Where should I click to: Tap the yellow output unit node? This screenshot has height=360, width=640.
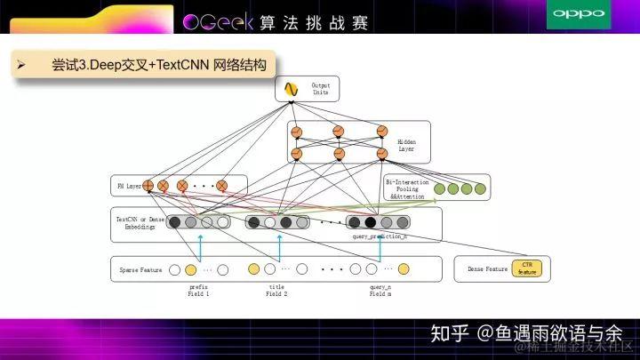[x=291, y=89]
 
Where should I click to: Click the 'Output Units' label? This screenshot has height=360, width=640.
[x=320, y=89]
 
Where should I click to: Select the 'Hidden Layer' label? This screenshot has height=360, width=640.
[x=405, y=145]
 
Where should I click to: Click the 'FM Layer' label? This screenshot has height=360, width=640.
[x=129, y=187]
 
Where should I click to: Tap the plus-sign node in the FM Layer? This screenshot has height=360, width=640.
[x=148, y=187]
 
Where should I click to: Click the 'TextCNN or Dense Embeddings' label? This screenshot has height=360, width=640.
[x=136, y=223]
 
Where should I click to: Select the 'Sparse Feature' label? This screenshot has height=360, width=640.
[x=140, y=269]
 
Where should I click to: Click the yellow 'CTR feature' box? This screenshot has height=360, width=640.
[x=526, y=268]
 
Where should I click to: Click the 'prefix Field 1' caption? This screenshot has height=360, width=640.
[x=198, y=291]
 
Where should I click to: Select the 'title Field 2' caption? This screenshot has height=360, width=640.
[x=276, y=291]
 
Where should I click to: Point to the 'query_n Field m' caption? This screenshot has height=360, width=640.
[x=380, y=291]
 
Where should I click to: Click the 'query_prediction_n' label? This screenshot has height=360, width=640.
[x=380, y=236]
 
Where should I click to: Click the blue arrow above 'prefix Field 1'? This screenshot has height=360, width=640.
[x=200, y=247]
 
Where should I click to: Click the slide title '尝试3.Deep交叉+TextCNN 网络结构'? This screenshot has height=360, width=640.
[x=158, y=65]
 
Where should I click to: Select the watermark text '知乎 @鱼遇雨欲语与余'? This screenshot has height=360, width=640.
[x=526, y=333]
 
